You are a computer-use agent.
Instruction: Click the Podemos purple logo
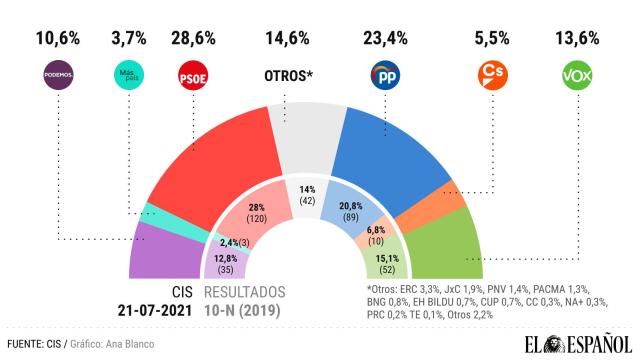58,74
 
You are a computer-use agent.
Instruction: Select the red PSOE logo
191,74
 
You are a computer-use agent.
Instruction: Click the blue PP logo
385,74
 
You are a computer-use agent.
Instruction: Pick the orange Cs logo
492,74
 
